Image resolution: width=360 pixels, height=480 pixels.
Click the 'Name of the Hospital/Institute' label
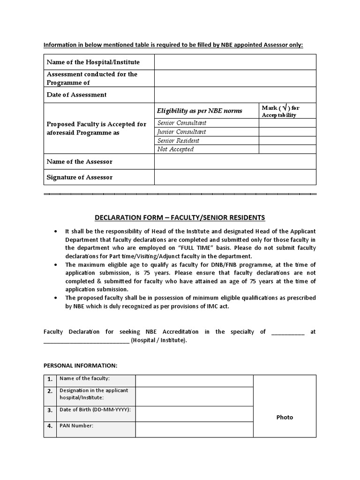pyautogui.click(x=93, y=62)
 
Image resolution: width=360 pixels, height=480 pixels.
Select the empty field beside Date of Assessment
pyautogui.click(x=235, y=95)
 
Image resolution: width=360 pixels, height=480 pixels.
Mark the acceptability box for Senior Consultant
pyautogui.click(x=287, y=123)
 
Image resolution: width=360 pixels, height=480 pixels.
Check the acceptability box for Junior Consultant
pyautogui.click(x=287, y=132)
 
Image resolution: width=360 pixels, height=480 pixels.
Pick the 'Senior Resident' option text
pyautogui.click(x=178, y=141)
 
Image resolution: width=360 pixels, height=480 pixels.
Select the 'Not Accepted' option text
pyautogui.click(x=175, y=150)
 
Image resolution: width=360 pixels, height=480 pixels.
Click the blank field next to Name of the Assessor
pyautogui.click(x=235, y=161)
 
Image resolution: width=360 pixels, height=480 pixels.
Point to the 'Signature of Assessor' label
pyautogui.click(x=79, y=177)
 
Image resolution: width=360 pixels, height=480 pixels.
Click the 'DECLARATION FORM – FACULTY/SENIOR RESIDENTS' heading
pyautogui.click(x=180, y=217)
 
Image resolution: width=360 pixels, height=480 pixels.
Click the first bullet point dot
pyautogui.click(x=56, y=232)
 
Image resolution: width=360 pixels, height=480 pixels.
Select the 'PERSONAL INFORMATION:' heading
pyautogui.click(x=81, y=366)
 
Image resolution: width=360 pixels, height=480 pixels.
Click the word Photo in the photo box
pyautogui.click(x=285, y=417)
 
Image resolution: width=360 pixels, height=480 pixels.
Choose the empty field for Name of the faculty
pyautogui.click(x=194, y=381)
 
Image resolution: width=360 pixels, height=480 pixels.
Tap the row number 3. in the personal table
pyautogui.click(x=50, y=410)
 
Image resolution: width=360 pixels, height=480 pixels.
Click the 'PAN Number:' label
pyautogui.click(x=76, y=426)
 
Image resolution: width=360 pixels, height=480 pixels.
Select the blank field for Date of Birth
pyautogui.click(x=194, y=413)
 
